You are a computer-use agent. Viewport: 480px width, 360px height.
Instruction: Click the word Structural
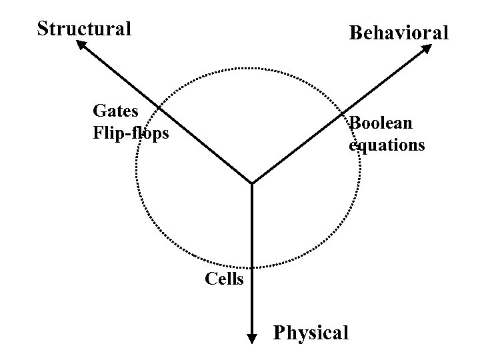coord(84,29)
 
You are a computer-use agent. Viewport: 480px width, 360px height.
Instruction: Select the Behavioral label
coord(399,33)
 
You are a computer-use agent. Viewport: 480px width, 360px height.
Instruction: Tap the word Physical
coord(311,332)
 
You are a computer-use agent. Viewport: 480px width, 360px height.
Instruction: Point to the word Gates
coord(116,109)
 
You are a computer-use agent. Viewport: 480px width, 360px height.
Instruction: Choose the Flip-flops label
coord(131,133)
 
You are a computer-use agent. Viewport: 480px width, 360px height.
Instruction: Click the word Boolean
coord(381,123)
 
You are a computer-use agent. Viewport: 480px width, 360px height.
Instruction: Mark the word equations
coord(387,145)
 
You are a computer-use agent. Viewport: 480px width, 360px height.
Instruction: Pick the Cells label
coord(224,279)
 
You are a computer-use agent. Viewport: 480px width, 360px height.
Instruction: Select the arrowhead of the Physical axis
coord(252,338)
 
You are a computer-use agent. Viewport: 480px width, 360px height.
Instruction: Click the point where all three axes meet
coord(252,183)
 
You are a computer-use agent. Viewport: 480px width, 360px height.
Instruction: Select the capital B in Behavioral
coord(355,33)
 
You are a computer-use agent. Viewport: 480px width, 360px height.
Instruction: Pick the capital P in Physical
coord(279,332)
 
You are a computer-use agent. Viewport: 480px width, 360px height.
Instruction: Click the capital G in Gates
coord(99,109)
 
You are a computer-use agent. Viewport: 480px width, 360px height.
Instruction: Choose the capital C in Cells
coord(209,279)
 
